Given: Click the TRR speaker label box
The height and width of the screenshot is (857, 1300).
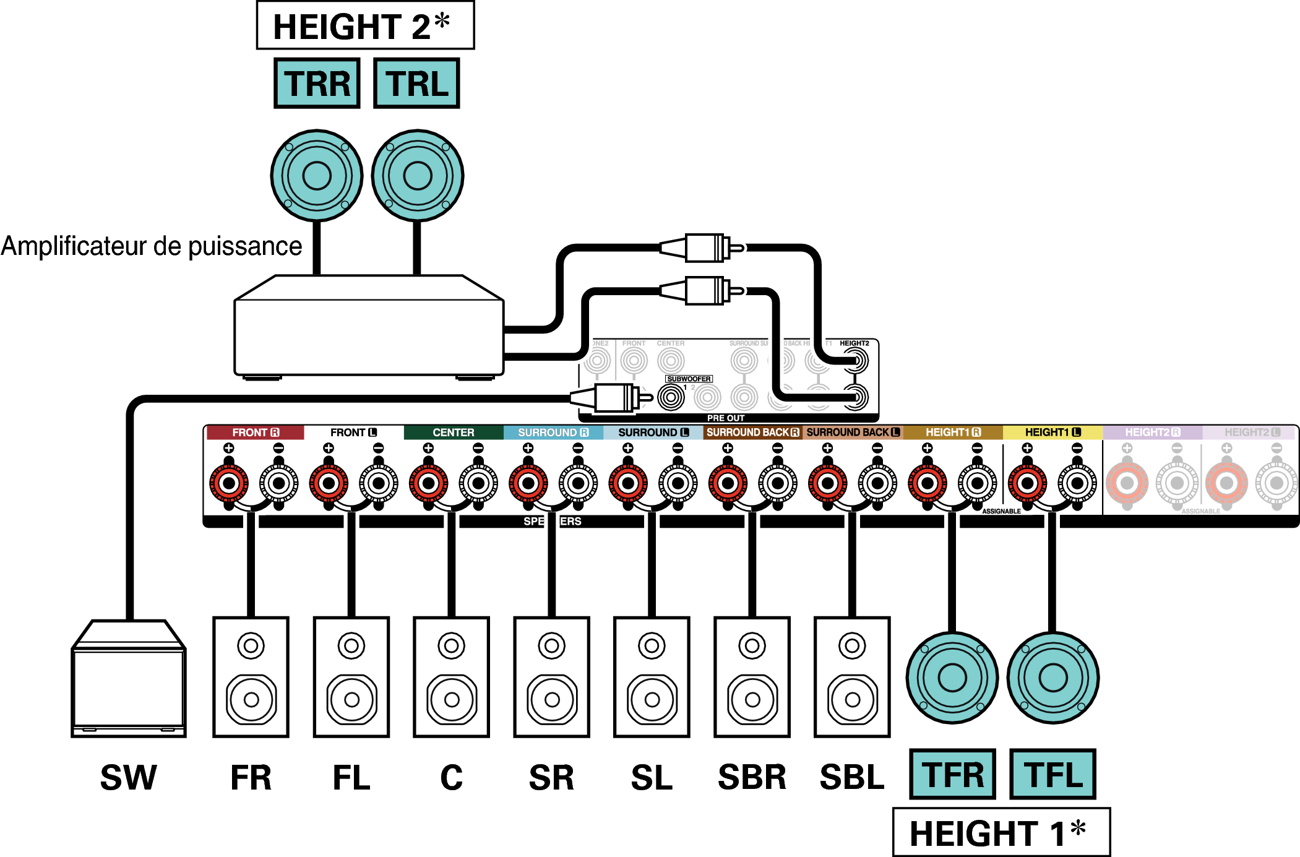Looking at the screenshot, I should pos(317,84).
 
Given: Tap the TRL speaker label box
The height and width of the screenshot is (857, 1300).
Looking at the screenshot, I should pos(416,84).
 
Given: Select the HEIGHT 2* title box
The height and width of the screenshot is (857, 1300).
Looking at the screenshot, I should pos(365,25).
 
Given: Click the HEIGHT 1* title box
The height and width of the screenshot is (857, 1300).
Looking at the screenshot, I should pos(1001,832).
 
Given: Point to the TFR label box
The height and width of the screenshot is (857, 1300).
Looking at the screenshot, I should pos(952,774).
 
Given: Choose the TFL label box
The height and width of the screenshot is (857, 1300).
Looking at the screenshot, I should pos(1052,774).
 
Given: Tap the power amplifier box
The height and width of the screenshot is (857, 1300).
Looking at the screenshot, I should pos(369,334).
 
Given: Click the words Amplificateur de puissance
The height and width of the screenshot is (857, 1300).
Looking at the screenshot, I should pos(152,246).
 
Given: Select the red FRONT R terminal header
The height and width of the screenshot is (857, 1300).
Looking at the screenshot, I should pos(255,433).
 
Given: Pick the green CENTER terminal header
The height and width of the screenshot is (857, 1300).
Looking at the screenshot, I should pos(453,433).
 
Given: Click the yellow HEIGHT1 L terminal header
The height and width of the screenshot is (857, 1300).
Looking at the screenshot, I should pos(1052,433).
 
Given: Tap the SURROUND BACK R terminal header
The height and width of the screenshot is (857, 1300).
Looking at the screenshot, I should pos(752,433).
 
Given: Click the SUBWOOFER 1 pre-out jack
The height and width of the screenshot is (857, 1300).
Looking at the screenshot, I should pos(671,397).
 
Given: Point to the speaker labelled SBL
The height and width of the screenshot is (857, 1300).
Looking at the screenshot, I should pos(852,677).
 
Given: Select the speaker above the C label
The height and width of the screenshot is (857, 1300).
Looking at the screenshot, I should pos(452,677).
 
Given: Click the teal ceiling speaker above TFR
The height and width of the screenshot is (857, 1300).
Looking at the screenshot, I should pos(952,678).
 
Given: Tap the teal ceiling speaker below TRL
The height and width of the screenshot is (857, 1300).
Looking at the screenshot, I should pos(418,176).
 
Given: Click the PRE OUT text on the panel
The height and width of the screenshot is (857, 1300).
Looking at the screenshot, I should pos(726,418).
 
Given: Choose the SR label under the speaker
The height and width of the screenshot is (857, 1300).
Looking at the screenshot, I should pos(551,778).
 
